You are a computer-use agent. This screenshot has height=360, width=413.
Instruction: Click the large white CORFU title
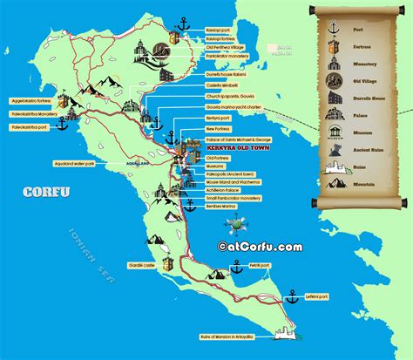point(44,192)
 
